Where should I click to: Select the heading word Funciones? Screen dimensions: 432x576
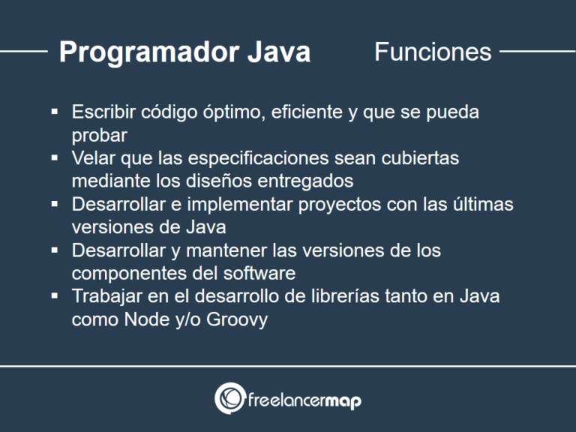[433, 52]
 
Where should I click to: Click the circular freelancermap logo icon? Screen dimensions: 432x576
[229, 399]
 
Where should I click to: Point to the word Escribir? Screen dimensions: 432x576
[103, 112]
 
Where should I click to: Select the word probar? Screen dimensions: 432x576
[100, 136]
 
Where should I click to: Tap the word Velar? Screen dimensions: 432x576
[92, 159]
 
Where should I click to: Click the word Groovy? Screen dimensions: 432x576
[238, 319]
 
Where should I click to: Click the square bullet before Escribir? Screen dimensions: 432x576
[55, 112]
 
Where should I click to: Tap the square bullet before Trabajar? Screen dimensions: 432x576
[55, 295]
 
